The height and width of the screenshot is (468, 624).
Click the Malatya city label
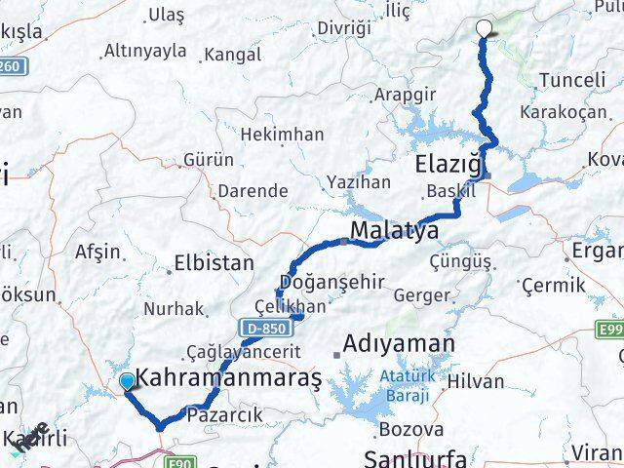click(x=394, y=231)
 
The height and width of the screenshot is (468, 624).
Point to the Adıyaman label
click(x=399, y=344)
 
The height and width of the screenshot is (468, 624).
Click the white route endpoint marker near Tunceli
click(x=484, y=28)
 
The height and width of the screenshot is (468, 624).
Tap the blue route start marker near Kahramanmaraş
click(x=127, y=382)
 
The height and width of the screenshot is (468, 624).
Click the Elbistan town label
click(x=214, y=262)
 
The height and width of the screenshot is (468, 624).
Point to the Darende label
click(x=253, y=190)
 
